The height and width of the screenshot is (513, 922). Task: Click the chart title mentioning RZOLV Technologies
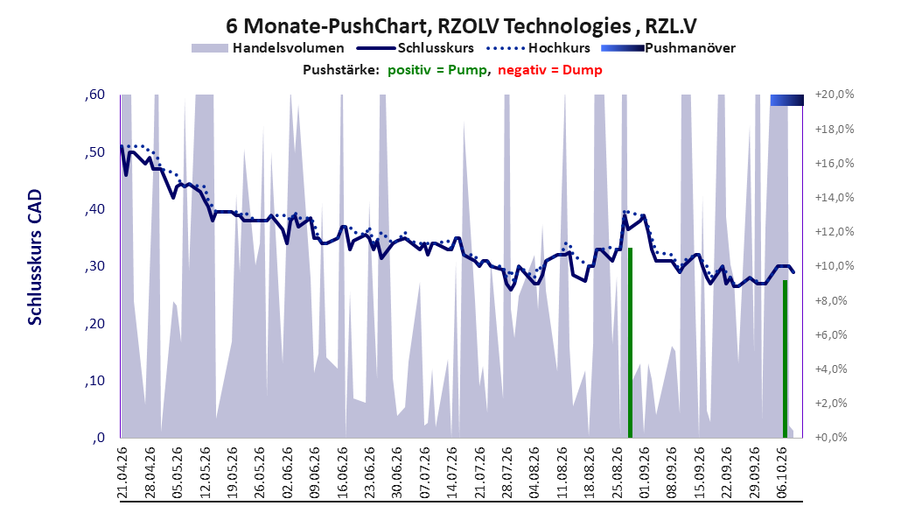(x=461, y=26)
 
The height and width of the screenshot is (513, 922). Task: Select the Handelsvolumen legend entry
(x=268, y=48)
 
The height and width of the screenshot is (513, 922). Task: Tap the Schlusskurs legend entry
(x=416, y=48)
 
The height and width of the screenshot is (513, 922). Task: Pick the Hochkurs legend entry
(x=538, y=48)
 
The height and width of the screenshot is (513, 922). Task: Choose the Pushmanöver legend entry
(x=668, y=48)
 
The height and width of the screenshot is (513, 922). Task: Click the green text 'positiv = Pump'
(x=437, y=70)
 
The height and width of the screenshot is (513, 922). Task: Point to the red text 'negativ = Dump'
(x=550, y=70)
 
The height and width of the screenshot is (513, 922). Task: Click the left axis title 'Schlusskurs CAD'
(x=35, y=257)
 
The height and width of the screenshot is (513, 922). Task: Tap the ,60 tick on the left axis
(x=94, y=95)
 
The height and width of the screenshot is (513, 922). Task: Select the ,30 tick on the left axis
(x=94, y=266)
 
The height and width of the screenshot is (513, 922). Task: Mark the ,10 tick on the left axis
(x=94, y=381)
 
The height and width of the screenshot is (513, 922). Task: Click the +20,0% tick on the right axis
(x=835, y=95)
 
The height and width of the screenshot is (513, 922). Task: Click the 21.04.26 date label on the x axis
(x=122, y=473)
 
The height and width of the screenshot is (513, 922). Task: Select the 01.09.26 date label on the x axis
(x=645, y=473)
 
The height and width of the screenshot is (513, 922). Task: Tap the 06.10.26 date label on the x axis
(x=782, y=473)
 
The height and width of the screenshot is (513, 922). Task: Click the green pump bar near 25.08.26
(x=630, y=343)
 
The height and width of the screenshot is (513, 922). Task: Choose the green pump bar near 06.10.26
(x=785, y=359)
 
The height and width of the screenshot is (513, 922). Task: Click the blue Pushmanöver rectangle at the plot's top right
(x=786, y=100)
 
